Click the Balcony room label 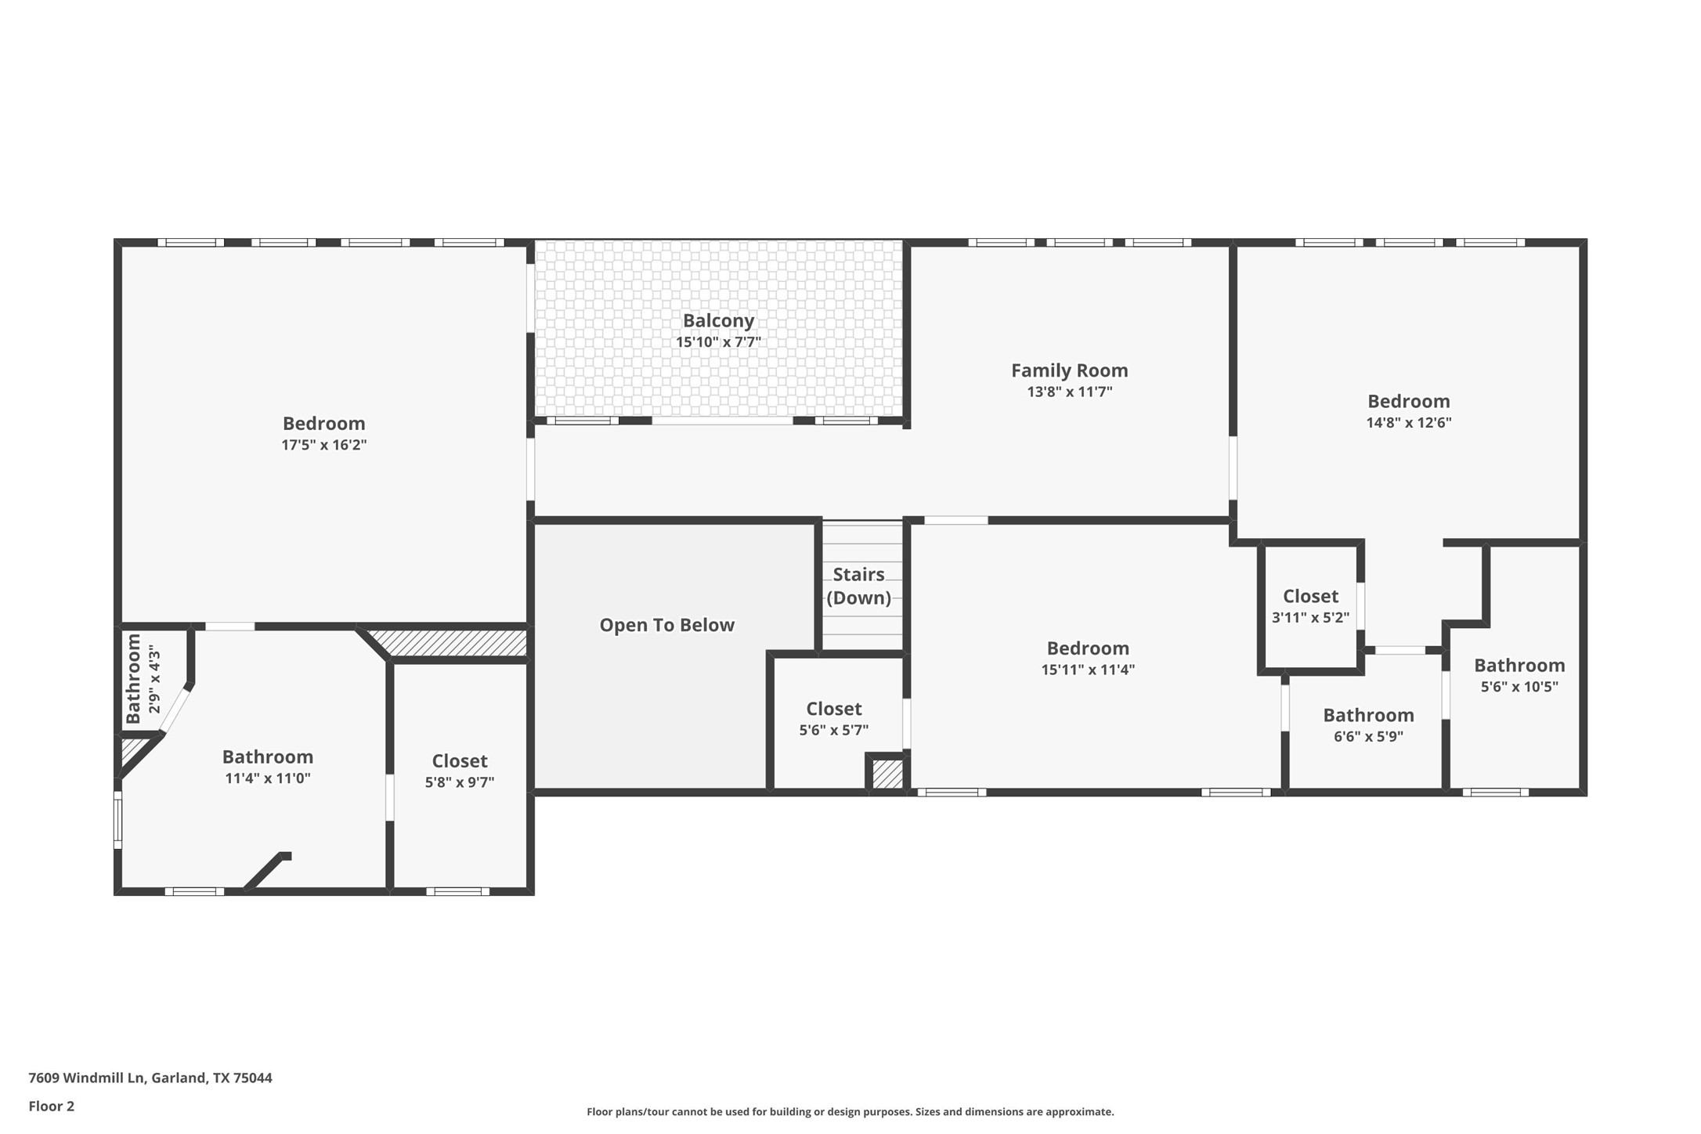[717, 320]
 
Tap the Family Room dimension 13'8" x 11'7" [1069, 392]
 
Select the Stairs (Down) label [858, 586]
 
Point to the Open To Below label [666, 625]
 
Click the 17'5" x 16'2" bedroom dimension [323, 445]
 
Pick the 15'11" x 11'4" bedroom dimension [1087, 670]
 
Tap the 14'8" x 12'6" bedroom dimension [1408, 423]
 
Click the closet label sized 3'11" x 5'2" [1310, 597]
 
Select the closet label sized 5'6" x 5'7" [833, 709]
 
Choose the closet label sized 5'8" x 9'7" [459, 761]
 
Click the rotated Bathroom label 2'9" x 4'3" [134, 678]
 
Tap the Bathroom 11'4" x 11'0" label [267, 757]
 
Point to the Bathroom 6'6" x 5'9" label [1368, 716]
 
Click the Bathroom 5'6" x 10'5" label [1519, 666]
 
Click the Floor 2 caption [51, 1107]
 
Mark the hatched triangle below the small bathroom [131, 750]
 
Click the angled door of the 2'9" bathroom [175, 710]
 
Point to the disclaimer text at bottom [850, 1111]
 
